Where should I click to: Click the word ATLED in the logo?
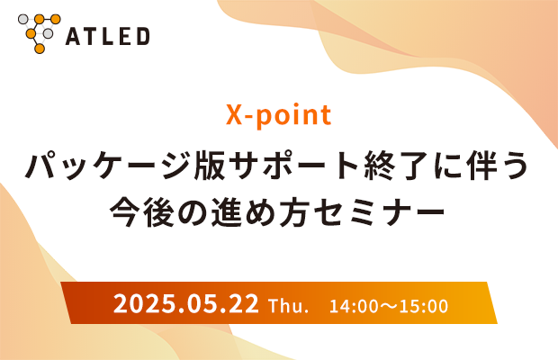pos(107,36)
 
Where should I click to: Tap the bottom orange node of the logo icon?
pos(40,49)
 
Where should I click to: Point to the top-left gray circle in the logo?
pos(23,19)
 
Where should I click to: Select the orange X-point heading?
pos(279,115)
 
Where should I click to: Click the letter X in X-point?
pos(235,114)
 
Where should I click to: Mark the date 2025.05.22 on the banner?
pos(186,304)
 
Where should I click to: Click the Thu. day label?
pos(288,306)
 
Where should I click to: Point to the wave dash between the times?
pos(389,306)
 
